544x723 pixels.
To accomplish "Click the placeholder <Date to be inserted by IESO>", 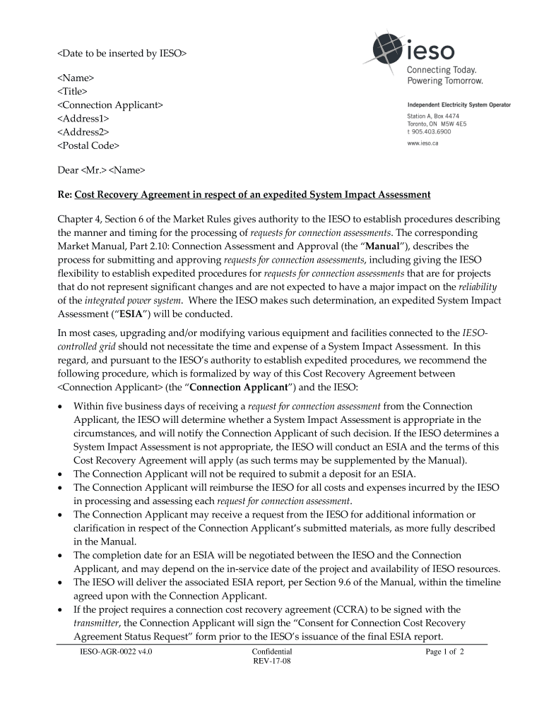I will coord(122,52).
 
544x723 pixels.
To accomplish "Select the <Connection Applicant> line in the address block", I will coord(110,104).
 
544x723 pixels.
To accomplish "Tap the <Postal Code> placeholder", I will coord(88,145).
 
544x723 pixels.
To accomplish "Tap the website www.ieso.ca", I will coord(423,143).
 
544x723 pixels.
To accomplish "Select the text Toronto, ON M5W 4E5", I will coord(437,124).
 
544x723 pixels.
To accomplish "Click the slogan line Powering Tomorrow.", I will coord(444,80).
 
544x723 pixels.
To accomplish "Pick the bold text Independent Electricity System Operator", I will coord(459,105).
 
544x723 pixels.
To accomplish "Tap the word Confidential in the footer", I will coord(271,652).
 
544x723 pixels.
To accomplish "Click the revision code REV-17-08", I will coord(271,662).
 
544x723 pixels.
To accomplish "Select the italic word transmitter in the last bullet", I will coord(98,623).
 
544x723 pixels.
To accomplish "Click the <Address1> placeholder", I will coord(83,119).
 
